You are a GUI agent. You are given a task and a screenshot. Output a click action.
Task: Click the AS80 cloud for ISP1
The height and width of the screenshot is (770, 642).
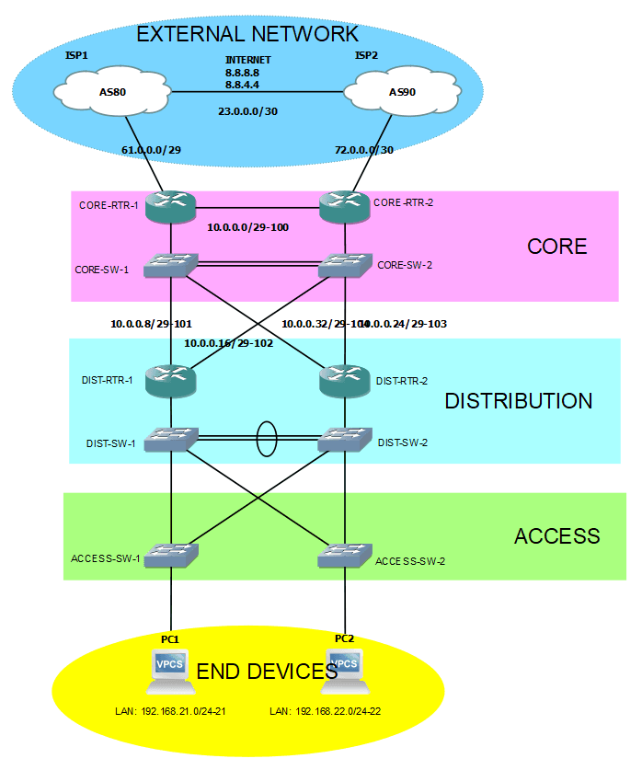pyautogui.click(x=113, y=92)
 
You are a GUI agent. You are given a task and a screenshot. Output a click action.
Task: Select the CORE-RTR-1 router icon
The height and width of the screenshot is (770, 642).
pyautogui.click(x=171, y=205)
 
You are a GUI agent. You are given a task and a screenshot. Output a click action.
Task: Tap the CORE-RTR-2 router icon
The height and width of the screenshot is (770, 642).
pyautogui.click(x=345, y=205)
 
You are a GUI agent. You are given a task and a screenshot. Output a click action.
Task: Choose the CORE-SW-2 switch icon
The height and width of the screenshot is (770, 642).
pyautogui.click(x=345, y=266)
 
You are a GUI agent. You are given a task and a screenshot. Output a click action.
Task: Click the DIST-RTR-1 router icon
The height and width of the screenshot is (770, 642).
pyautogui.click(x=171, y=380)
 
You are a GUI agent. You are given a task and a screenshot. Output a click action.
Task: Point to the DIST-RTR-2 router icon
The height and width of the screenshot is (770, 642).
pyautogui.click(x=345, y=380)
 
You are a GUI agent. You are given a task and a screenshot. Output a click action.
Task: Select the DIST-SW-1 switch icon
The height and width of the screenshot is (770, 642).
pyautogui.click(x=171, y=440)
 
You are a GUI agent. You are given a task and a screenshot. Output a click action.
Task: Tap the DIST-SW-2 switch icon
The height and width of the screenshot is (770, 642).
pyautogui.click(x=345, y=440)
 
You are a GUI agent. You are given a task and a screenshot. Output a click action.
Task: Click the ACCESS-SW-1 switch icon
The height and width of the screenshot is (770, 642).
pyautogui.click(x=171, y=555)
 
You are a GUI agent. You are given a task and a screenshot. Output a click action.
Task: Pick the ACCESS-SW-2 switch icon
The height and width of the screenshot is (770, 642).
pyautogui.click(x=345, y=555)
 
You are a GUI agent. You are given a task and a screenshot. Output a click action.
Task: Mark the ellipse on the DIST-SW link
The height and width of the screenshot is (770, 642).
pyautogui.click(x=265, y=439)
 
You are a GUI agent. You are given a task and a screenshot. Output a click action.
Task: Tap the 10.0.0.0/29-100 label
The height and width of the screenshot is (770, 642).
pyautogui.click(x=248, y=226)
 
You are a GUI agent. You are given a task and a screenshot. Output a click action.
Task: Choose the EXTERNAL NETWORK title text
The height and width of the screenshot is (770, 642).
pyautogui.click(x=247, y=35)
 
